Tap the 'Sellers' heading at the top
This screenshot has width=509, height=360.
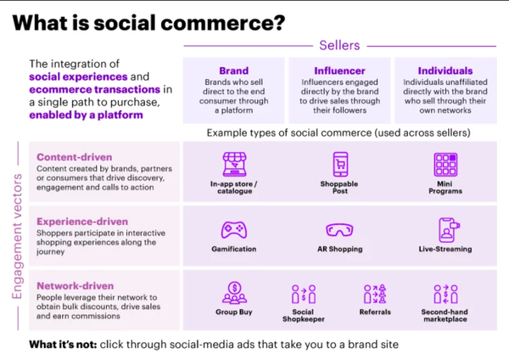tap(338, 43)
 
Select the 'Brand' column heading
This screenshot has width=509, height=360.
tap(233, 72)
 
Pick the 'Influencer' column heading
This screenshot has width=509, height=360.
tap(339, 72)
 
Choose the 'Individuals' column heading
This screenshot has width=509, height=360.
tap(445, 72)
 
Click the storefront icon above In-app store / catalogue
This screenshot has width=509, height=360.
tap(232, 163)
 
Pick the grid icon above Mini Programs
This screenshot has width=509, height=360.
tap(445, 163)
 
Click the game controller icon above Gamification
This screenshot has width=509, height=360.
tap(232, 229)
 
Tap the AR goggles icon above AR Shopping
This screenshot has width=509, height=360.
tap(339, 230)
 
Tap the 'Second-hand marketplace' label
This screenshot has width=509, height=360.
tap(446, 317)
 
